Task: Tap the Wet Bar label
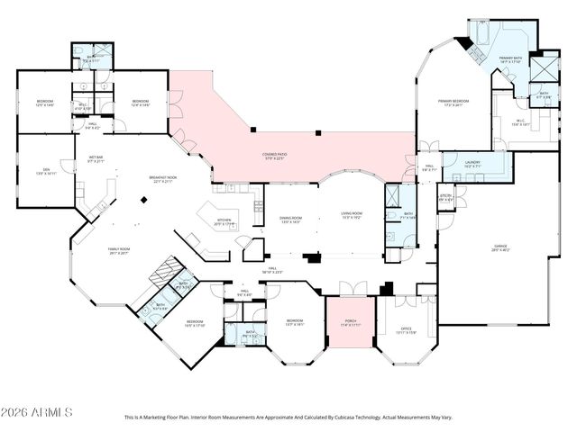[x=96, y=160]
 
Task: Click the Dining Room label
[x=290, y=218]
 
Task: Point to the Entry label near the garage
[x=445, y=196]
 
